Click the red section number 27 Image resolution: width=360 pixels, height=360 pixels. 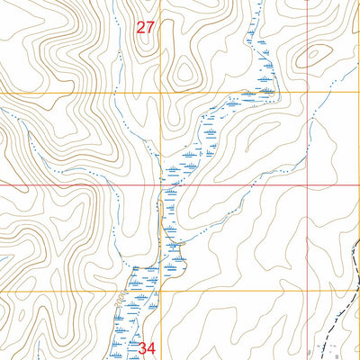point(146,28)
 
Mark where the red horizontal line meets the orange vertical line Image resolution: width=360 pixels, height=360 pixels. point(162,184)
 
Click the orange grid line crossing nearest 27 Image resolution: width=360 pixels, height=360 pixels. point(162,92)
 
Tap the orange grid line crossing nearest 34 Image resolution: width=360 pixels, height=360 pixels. point(162,292)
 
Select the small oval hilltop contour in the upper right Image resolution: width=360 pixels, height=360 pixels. point(314,55)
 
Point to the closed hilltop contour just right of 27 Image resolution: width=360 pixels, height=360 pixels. point(184,72)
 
